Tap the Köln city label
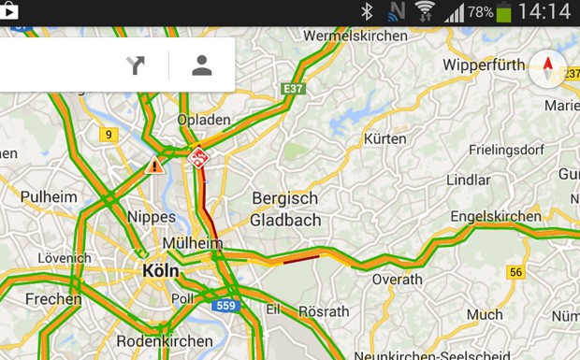160,270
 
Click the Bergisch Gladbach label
285,209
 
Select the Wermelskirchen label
355,36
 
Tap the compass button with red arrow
547,68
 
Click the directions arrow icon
136,65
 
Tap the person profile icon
202,65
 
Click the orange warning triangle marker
154,166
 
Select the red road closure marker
198,157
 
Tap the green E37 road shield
294,89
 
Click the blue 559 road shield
225,305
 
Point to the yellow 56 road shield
515,272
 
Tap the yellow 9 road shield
109,135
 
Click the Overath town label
398,279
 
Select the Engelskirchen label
496,216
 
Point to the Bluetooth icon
367,11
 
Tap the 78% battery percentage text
480,12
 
